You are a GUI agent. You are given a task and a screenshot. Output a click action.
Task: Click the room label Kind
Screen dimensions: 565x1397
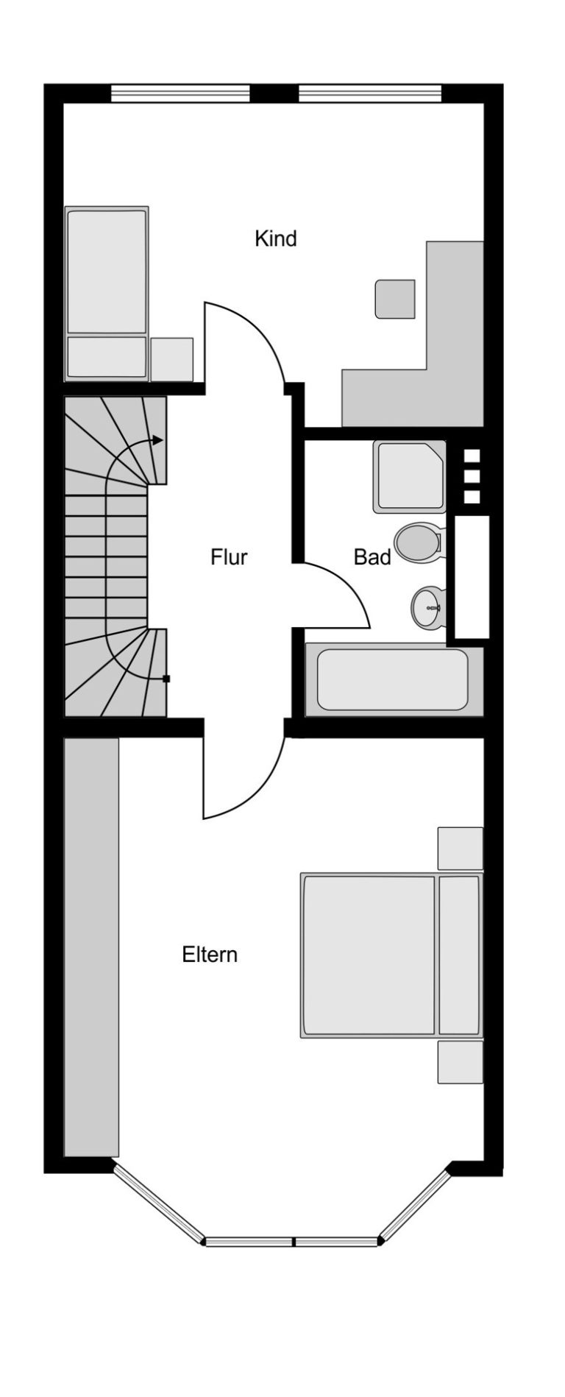[275, 238]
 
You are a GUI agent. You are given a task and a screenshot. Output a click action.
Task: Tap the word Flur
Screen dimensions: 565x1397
[229, 556]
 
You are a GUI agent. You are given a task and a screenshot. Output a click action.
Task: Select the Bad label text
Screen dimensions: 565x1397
[372, 556]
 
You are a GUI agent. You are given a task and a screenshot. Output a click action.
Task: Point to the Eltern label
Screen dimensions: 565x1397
[210, 955]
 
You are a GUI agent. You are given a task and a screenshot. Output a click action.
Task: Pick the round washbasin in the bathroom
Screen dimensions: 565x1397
[427, 607]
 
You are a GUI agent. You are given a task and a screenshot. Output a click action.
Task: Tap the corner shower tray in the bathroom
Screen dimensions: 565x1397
[410, 476]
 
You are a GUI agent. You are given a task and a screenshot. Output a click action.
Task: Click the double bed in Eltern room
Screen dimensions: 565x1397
[391, 956]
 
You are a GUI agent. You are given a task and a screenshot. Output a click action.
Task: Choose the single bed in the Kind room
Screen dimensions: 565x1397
[107, 293]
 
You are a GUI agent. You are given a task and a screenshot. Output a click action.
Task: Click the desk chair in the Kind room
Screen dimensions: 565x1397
[395, 299]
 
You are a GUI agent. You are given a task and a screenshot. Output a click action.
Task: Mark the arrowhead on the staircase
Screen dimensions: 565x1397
[157, 439]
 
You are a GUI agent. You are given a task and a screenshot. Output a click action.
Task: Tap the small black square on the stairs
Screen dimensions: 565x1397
[166, 679]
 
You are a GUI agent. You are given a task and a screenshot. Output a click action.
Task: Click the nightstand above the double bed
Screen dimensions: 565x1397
[461, 849]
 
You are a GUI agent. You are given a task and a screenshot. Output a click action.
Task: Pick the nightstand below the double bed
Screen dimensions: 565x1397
[461, 1061]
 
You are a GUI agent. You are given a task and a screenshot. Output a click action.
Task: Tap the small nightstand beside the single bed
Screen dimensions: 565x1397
[172, 359]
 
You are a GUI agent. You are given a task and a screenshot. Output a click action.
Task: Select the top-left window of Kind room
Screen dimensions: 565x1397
[180, 93]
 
